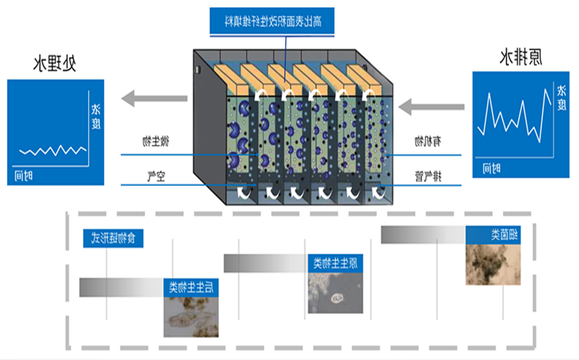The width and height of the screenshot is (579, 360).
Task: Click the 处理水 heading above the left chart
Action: point(55,64)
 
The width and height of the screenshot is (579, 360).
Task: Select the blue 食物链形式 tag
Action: point(113,239)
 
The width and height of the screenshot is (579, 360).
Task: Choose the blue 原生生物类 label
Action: point(335,262)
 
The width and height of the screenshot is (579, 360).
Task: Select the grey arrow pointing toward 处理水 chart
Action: point(154,98)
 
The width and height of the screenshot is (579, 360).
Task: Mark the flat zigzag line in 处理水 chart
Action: point(52,151)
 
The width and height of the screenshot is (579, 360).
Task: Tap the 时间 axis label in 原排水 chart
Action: point(492,168)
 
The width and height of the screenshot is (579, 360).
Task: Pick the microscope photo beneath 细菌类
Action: point(492,264)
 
